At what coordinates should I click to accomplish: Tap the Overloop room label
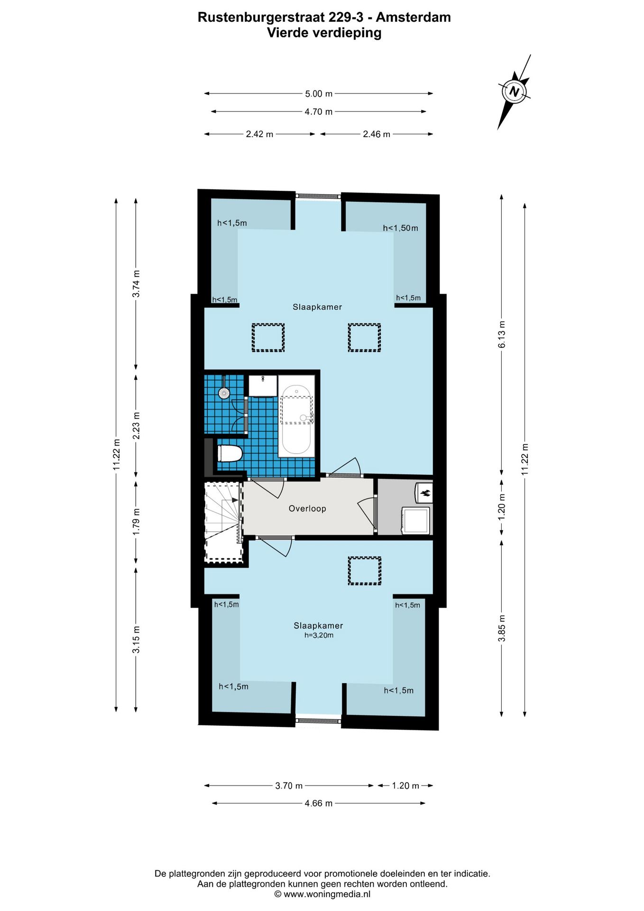307,509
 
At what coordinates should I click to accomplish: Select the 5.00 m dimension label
319,94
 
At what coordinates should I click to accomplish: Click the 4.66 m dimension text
319,803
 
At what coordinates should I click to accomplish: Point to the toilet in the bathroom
230,454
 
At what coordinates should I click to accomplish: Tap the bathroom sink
262,385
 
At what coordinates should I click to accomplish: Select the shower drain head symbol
224,393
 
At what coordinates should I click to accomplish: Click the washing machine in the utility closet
416,521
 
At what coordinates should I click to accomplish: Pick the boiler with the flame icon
424,493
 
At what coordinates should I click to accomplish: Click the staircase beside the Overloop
223,522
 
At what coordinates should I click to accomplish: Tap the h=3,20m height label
319,635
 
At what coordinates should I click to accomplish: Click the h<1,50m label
401,228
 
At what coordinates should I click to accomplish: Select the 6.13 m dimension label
502,335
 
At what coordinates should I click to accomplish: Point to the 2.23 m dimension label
136,425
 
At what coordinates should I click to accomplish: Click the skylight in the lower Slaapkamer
364,571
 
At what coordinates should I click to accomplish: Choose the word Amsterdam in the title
413,17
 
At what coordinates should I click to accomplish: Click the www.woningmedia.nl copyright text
322,894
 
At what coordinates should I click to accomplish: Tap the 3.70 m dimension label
289,786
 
